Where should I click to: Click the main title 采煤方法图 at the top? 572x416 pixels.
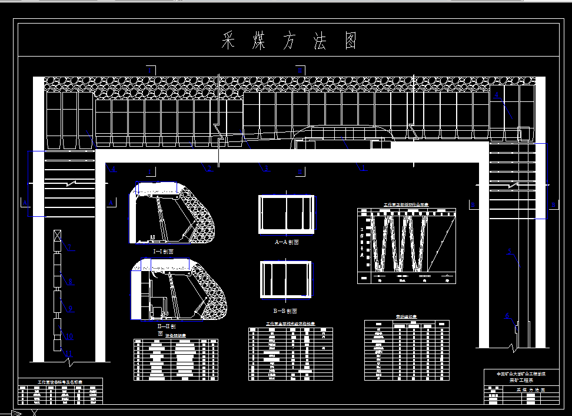(289, 41)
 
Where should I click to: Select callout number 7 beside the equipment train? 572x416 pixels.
(69, 248)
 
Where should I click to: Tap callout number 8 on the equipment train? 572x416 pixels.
(70, 282)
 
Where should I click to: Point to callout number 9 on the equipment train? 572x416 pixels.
(70, 308)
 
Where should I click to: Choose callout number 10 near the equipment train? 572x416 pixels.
(69, 336)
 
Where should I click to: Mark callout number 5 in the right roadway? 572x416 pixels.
(510, 252)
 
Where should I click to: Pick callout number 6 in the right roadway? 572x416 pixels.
(507, 316)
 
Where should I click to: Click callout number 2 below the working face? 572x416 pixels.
(209, 169)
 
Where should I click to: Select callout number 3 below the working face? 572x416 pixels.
(267, 169)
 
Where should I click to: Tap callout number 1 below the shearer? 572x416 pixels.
(363, 168)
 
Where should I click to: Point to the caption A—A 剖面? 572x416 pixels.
(287, 242)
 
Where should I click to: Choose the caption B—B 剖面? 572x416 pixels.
(285, 311)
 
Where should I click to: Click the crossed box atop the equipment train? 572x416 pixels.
(57, 236)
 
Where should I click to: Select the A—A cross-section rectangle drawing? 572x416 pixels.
(286, 214)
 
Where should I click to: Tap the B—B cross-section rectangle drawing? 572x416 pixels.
(285, 280)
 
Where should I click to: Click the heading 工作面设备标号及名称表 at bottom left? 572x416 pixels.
(60, 382)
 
